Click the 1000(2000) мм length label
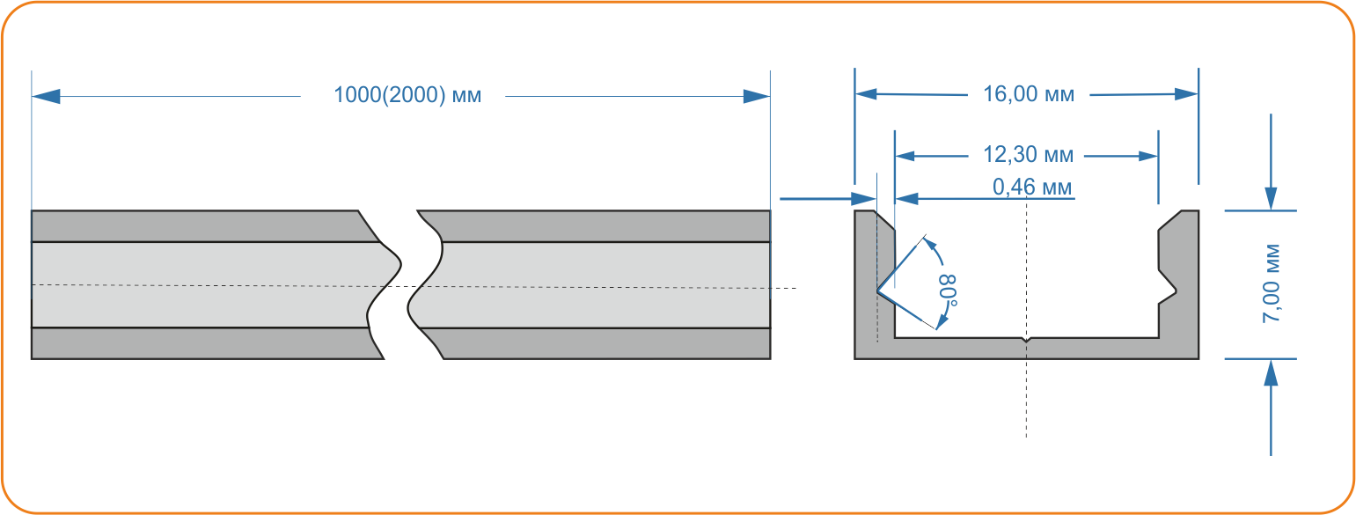pos(407,95)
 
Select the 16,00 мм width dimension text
pos(1029,94)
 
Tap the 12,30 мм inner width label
pos(1028,155)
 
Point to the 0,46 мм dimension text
pos(1032,187)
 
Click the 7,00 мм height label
pos(1272,283)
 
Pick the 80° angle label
pos(948,291)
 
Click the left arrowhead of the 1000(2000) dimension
pos(46,96)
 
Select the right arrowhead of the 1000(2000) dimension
pos(757,96)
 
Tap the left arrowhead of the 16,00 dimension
pos(866,94)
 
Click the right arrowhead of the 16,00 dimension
pos(1186,94)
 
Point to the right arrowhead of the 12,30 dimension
pos(1147,157)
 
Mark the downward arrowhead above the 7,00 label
pos(1272,199)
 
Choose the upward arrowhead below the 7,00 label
pos(1272,372)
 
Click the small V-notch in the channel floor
pos(1025,340)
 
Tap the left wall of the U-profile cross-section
pos(874,284)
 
